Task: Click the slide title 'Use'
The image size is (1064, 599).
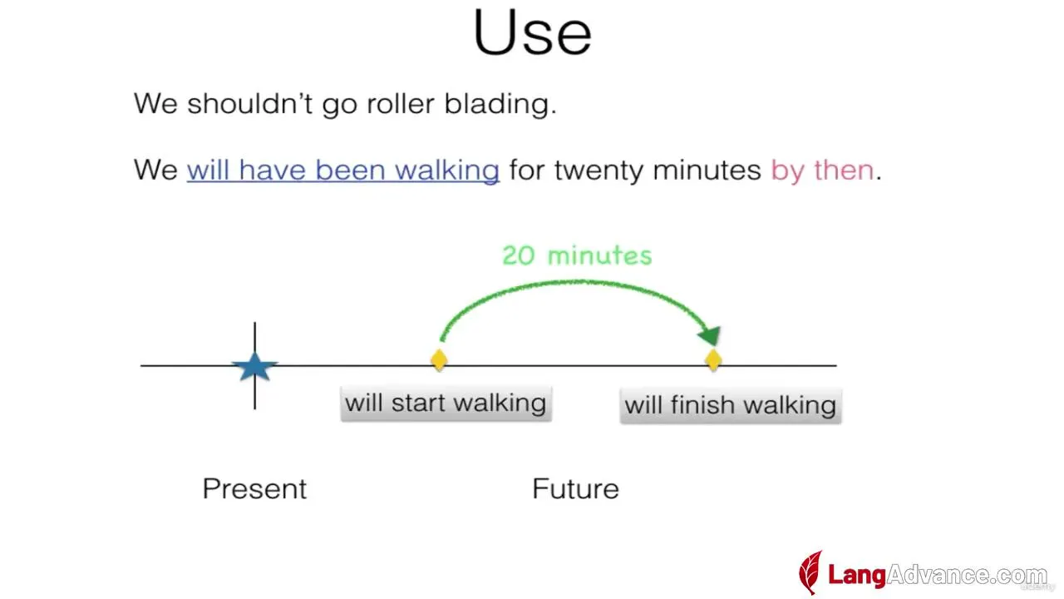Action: (533, 32)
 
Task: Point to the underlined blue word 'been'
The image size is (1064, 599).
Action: (351, 170)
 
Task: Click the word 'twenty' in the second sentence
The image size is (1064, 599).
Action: (598, 171)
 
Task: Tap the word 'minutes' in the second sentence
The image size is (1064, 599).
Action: (707, 170)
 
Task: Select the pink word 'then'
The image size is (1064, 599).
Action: (844, 170)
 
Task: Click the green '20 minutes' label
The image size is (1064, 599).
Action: (577, 255)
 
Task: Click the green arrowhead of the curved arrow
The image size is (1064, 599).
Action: (710, 335)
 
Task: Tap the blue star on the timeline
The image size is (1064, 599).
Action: (254, 366)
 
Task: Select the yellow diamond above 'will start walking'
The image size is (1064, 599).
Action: (439, 360)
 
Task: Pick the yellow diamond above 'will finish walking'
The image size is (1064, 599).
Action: (713, 360)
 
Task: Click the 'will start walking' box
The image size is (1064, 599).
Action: (446, 403)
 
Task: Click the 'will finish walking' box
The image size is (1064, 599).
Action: (731, 405)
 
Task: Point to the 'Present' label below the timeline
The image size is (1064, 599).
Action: (254, 488)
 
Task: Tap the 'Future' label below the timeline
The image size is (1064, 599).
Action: (576, 488)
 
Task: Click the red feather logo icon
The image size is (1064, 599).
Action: (810, 572)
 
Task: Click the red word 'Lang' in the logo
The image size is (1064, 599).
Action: (857, 575)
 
